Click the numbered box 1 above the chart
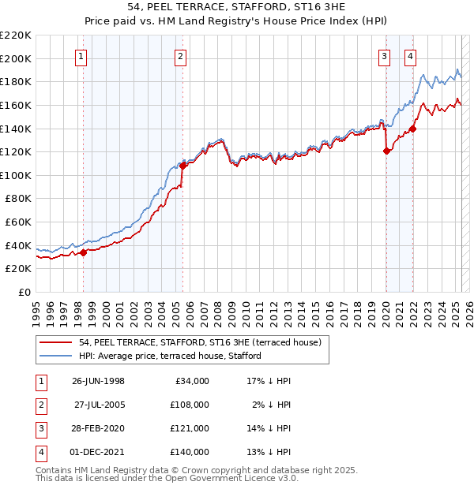click(82, 55)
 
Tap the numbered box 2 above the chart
click(181, 55)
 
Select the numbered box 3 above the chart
click(384, 55)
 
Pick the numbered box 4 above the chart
click(411, 55)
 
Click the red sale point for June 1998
click(84, 252)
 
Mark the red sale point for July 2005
click(182, 166)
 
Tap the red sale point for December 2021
click(412, 129)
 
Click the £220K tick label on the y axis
click(17, 35)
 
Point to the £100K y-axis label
click(17, 175)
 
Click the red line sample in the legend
click(55, 343)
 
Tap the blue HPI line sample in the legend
click(55, 356)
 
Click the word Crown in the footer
click(205, 470)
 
